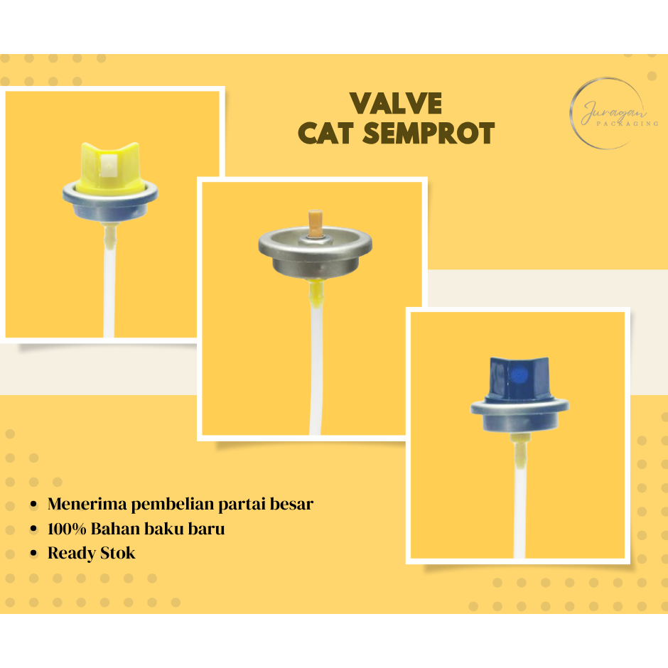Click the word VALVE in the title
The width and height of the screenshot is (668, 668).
pyautogui.click(x=396, y=104)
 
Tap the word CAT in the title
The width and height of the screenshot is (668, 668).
pyautogui.click(x=328, y=134)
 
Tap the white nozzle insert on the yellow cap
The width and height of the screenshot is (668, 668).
pyautogui.click(x=109, y=166)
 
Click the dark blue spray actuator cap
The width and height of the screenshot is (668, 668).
pyautogui.click(x=520, y=379)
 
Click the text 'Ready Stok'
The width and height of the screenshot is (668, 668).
pyautogui.click(x=91, y=552)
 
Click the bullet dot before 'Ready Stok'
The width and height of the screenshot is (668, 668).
pyautogui.click(x=33, y=553)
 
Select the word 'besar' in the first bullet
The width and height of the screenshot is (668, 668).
pyautogui.click(x=292, y=505)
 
